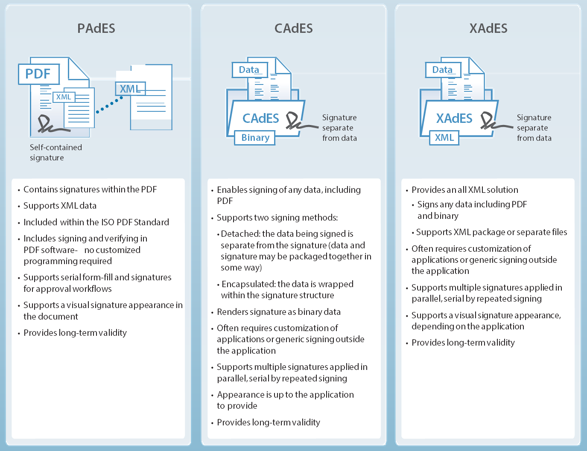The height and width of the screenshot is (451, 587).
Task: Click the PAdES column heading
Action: (96, 29)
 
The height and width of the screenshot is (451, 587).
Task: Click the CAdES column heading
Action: (293, 29)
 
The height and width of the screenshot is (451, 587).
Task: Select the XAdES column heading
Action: (488, 29)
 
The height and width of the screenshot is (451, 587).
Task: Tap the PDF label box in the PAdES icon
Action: (38, 74)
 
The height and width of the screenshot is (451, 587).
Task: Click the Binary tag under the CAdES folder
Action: (255, 138)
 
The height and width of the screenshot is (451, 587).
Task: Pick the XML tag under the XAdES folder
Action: (444, 138)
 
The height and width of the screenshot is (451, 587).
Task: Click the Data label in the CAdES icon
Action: (249, 70)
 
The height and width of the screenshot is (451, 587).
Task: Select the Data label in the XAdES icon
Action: (443, 70)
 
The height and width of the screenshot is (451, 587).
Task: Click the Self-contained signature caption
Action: (55, 152)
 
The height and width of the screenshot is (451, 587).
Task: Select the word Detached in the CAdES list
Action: (240, 234)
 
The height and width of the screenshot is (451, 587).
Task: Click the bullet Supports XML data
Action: (60, 206)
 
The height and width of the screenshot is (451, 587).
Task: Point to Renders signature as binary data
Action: (278, 312)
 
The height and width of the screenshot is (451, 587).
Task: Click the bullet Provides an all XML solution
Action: (464, 190)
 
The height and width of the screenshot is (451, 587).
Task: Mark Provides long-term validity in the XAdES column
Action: (463, 343)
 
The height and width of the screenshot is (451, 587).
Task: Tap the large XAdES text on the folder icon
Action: (454, 118)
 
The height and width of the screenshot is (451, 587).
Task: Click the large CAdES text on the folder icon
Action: (260, 118)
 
